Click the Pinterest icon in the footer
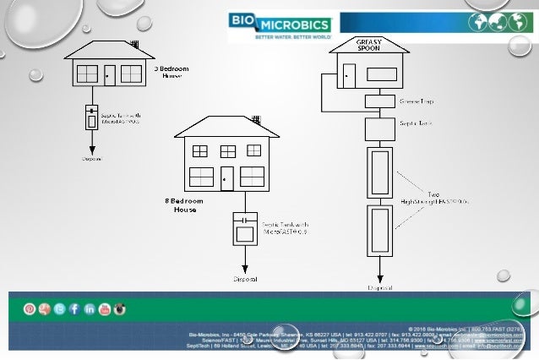coord(30,309)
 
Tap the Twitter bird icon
coord(60,309)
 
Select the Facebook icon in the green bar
coord(75,309)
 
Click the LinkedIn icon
coord(90,309)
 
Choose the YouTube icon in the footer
coord(106,309)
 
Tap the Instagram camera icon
coord(121,309)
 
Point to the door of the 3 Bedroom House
coord(110,74)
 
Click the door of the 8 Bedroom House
coord(226,177)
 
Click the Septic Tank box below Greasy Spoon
coord(375,130)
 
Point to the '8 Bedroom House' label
coord(181,205)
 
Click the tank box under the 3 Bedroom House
coord(91,117)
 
